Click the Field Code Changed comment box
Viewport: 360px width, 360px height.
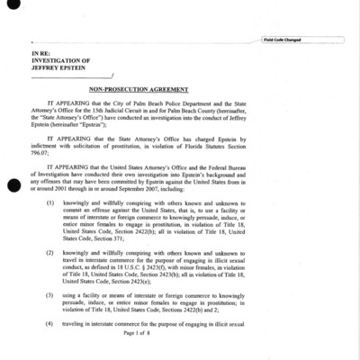pos(302,40)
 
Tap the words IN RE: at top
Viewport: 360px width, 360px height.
pos(43,54)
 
